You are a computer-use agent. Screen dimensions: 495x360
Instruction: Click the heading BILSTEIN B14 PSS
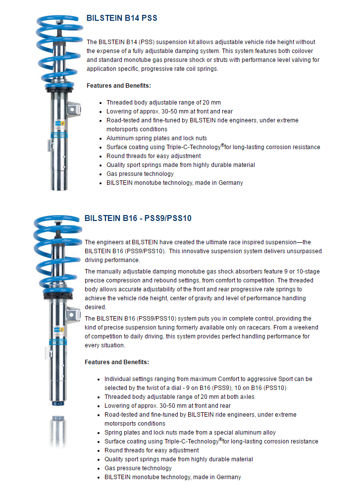121,18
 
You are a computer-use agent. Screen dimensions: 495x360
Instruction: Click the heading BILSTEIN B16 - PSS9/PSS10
138,218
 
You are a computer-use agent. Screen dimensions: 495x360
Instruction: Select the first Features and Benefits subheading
118,86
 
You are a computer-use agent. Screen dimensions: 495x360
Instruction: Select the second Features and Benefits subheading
116,362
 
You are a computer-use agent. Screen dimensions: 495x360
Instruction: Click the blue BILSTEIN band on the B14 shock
58,135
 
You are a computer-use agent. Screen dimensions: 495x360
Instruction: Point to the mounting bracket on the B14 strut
73,109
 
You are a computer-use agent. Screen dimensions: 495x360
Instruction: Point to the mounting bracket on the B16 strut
72,314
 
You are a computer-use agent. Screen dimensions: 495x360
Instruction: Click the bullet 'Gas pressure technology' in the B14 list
140,174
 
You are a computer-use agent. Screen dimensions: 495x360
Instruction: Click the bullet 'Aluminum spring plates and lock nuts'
156,138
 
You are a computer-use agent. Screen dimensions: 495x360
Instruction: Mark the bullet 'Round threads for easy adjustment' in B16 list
152,450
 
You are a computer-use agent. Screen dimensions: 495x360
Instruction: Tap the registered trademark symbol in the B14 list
223,145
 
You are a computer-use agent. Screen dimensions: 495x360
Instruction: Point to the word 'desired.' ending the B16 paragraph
96,307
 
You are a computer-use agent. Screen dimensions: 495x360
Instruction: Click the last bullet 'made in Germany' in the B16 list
173,477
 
